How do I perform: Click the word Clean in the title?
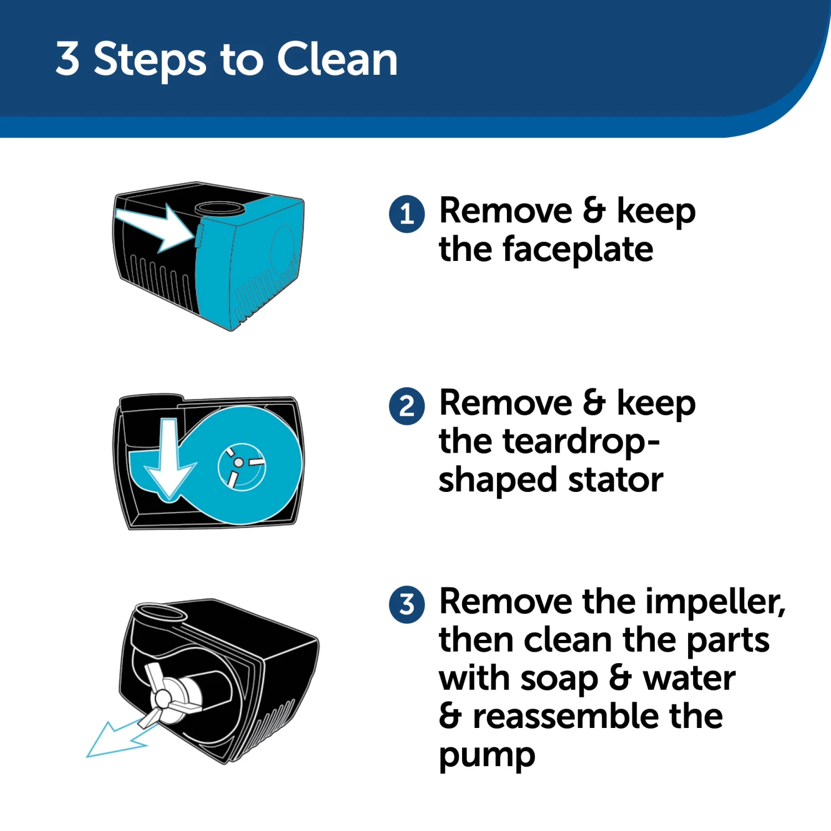337,59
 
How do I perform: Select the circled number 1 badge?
407,213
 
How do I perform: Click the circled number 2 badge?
407,406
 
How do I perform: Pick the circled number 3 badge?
407,604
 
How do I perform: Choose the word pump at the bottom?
487,756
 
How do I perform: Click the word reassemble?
565,717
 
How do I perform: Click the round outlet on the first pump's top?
219,209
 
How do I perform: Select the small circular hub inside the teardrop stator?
239,461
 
